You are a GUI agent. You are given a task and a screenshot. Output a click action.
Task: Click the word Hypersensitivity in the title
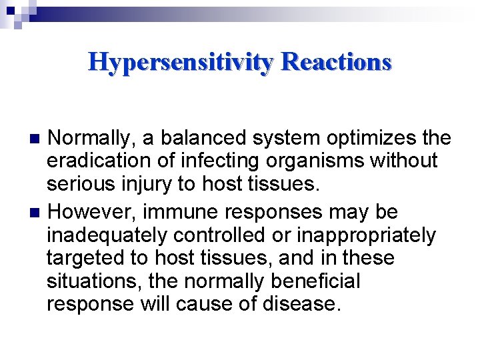(x=181, y=62)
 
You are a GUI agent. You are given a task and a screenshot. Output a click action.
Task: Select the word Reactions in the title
(x=336, y=62)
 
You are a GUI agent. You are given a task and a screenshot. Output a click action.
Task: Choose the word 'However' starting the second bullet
(x=90, y=212)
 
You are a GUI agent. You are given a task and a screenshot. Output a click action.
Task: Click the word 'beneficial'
(x=315, y=281)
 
